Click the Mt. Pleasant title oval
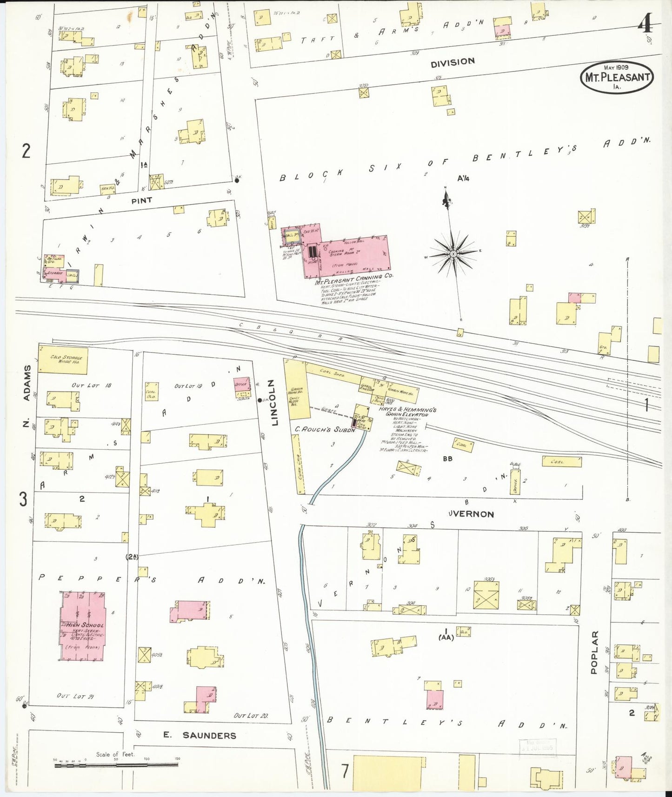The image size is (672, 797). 617,77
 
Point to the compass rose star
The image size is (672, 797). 453,253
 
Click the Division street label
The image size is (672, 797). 452,61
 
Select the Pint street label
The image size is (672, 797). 141,200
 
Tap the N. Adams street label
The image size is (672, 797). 27,395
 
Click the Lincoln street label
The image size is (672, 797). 274,403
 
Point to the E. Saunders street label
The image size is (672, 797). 200,735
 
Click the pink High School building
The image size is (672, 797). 83,626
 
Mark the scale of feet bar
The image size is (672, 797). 116,765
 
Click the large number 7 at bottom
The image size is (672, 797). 345,771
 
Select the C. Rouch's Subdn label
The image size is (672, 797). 325,430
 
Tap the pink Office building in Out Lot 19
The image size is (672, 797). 241,385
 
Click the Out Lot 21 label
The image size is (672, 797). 75,696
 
